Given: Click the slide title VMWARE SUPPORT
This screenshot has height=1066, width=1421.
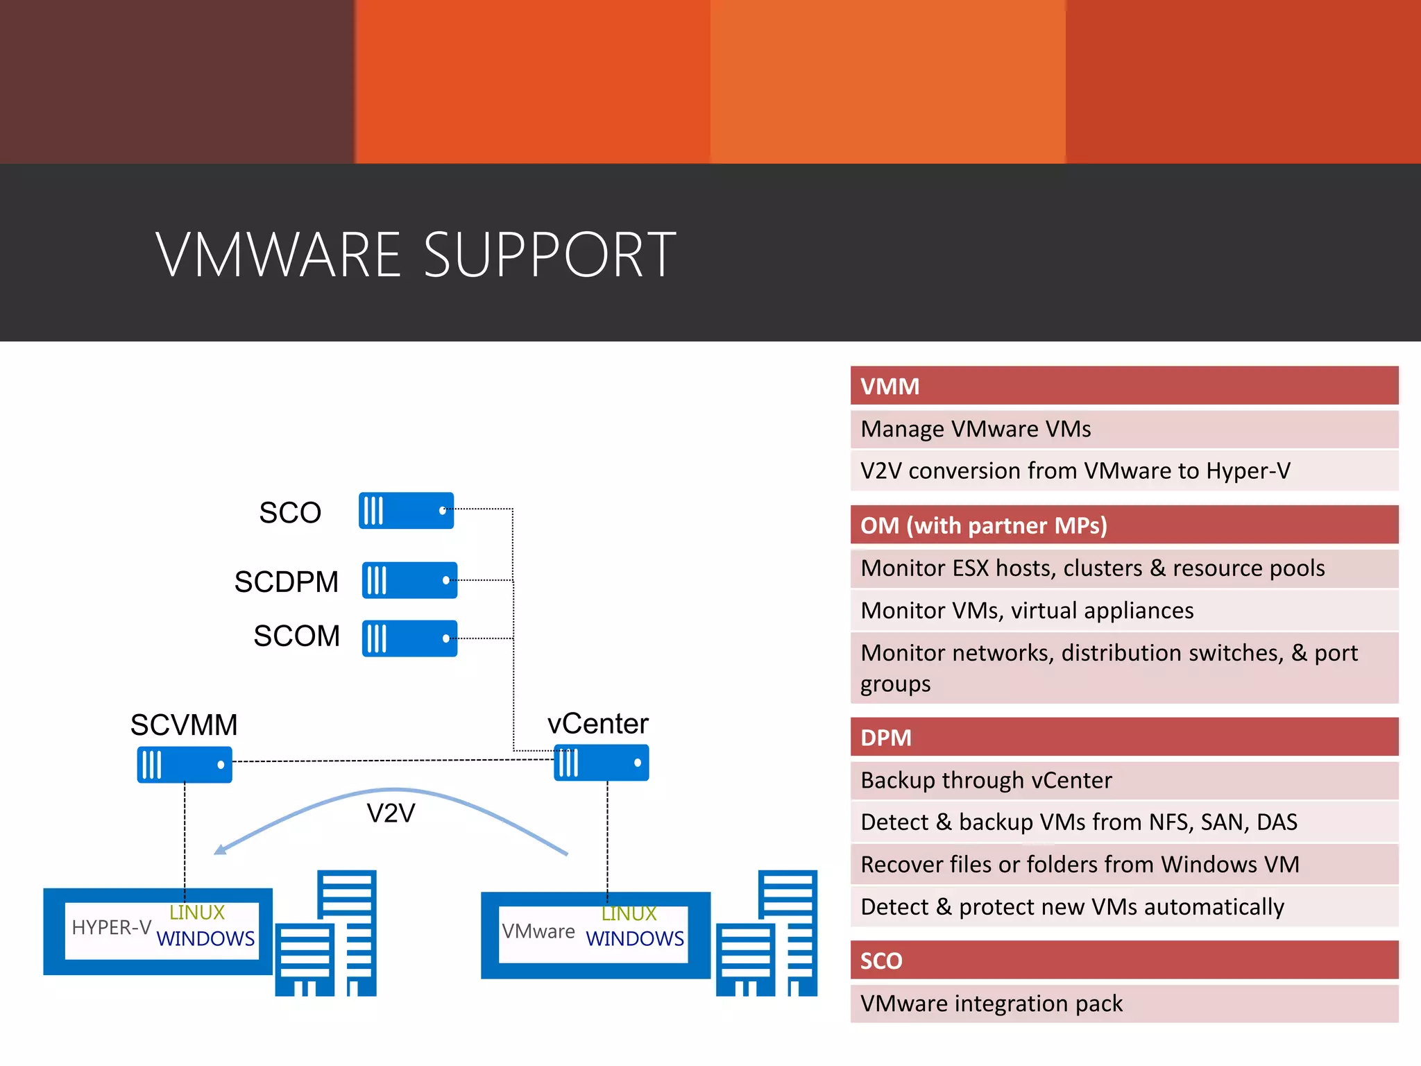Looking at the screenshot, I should click(x=416, y=255).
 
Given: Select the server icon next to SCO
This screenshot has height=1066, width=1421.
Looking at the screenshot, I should click(x=406, y=511).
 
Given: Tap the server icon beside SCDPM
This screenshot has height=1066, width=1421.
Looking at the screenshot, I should click(x=409, y=580).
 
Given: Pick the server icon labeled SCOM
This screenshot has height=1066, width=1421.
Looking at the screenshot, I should click(x=409, y=638).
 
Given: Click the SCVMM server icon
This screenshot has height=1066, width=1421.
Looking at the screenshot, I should click(x=185, y=764).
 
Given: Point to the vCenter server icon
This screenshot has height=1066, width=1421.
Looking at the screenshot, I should click(x=601, y=763).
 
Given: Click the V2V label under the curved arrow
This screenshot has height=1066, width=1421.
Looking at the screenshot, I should click(x=391, y=813).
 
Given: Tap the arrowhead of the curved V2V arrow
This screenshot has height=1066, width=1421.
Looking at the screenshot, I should click(x=220, y=849).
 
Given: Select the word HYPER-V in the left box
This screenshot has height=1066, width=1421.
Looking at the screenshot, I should click(x=111, y=927).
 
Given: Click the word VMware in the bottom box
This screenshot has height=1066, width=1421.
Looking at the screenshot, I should click(x=538, y=931).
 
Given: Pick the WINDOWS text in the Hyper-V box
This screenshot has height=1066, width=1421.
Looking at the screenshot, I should click(x=205, y=938).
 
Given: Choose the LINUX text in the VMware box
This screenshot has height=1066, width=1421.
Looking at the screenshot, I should click(x=629, y=913).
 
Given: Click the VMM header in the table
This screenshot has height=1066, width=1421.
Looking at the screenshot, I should click(x=1123, y=386).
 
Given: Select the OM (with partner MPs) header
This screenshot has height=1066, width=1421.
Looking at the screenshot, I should click(x=1123, y=525).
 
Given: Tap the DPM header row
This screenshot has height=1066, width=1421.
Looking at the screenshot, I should click(x=1123, y=737).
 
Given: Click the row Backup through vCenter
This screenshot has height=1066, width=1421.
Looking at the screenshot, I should click(x=1123, y=780).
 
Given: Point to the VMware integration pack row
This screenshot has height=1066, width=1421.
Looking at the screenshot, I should click(x=1123, y=1004).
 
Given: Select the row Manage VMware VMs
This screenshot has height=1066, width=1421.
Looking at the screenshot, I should click(x=1123, y=429).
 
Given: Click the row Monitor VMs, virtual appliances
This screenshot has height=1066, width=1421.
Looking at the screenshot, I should click(x=1123, y=610).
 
